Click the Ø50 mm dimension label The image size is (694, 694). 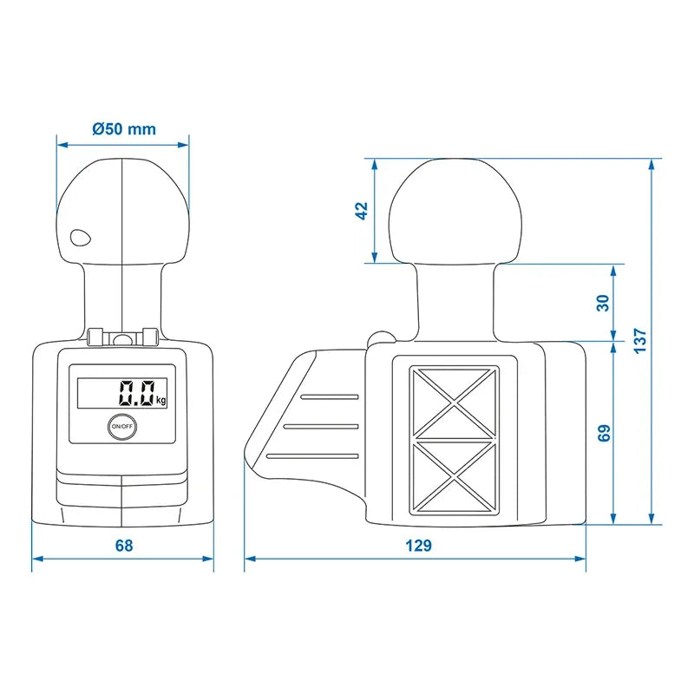coord(123,129)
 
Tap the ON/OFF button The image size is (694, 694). coord(121,426)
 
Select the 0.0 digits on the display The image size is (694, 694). coord(137,393)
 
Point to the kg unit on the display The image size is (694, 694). coord(161,400)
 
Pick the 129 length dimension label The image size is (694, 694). coord(419,545)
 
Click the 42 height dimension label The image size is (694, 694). coord(363,211)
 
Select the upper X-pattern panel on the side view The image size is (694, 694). coord(455,401)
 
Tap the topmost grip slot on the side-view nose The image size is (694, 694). coord(331,396)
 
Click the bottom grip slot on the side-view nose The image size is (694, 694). coord(312,455)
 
